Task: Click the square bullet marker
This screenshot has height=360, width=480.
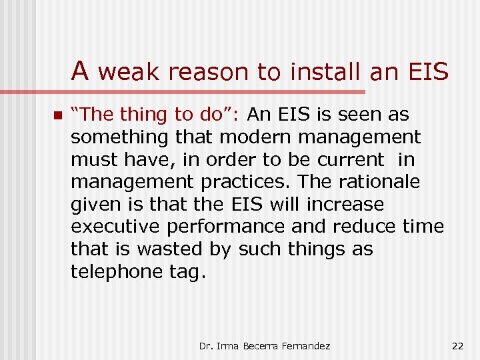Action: coord(58,115)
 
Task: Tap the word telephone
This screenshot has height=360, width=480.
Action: coord(117,271)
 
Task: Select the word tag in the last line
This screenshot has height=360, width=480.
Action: coord(183,272)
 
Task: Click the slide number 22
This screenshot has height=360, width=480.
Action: coord(457,345)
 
